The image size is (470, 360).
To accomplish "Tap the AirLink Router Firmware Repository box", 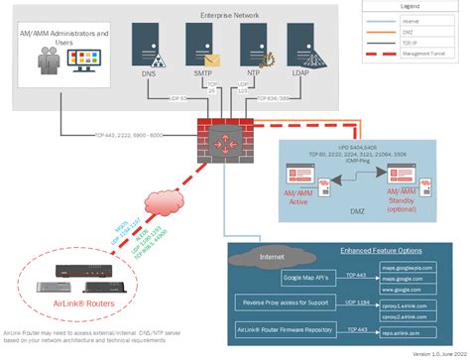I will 294,326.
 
